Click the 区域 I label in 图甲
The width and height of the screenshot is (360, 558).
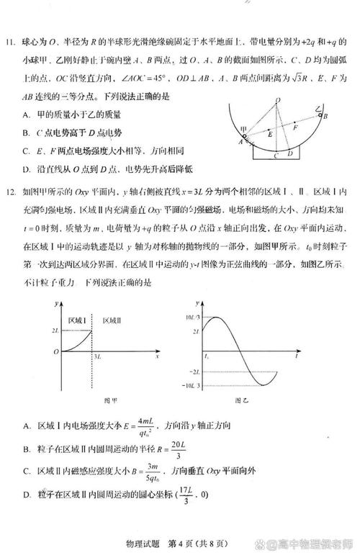tap(77, 319)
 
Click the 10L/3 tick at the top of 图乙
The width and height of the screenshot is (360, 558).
tap(191, 318)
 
